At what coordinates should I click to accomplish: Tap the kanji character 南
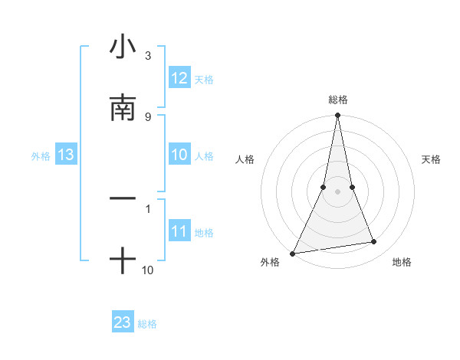click(123, 108)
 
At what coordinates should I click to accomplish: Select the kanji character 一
click(123, 198)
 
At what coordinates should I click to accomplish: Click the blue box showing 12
click(179, 78)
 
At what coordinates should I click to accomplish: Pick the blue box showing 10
click(179, 155)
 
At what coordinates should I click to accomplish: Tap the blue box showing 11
click(179, 231)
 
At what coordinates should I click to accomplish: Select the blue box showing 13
click(66, 155)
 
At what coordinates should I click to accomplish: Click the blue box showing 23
click(123, 322)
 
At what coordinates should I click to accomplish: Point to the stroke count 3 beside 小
click(147, 56)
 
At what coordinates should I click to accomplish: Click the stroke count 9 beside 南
click(147, 116)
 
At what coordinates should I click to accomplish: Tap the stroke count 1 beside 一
click(147, 208)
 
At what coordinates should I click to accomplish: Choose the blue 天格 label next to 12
click(204, 80)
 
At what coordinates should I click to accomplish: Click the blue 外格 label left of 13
click(41, 156)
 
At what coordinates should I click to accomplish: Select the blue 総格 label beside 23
click(147, 324)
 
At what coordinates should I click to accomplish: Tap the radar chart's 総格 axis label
click(337, 100)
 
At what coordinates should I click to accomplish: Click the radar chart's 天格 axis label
click(432, 159)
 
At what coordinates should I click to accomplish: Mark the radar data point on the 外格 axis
click(292, 254)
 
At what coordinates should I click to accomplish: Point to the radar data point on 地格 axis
click(374, 242)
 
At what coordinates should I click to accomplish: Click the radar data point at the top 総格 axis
click(337, 116)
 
